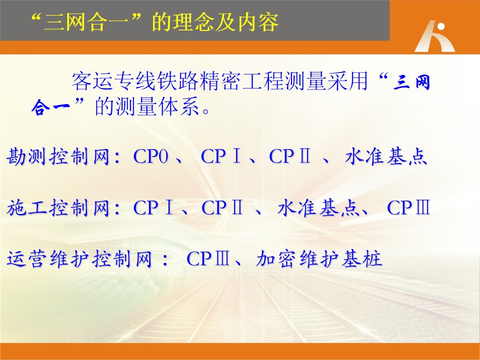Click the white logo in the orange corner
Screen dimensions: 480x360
click(434, 36)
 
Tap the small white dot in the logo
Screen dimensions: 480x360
click(441, 26)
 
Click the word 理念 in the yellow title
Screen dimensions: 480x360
click(192, 22)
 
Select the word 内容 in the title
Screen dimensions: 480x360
click(258, 22)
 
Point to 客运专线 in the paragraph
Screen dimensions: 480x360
click(114, 81)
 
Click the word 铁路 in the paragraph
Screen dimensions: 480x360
click(177, 81)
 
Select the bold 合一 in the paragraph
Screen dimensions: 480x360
click(51, 107)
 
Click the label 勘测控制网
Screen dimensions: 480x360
click(58, 156)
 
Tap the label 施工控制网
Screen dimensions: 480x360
click(58, 208)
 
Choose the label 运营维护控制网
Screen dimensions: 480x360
click(79, 259)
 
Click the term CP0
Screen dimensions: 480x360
click(151, 156)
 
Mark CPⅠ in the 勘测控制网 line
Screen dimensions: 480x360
click(221, 156)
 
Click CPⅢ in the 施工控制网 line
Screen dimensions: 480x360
click(408, 208)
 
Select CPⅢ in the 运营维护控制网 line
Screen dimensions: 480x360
click(208, 259)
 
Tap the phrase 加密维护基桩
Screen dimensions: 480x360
click(319, 259)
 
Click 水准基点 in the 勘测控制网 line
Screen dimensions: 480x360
click(385, 156)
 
